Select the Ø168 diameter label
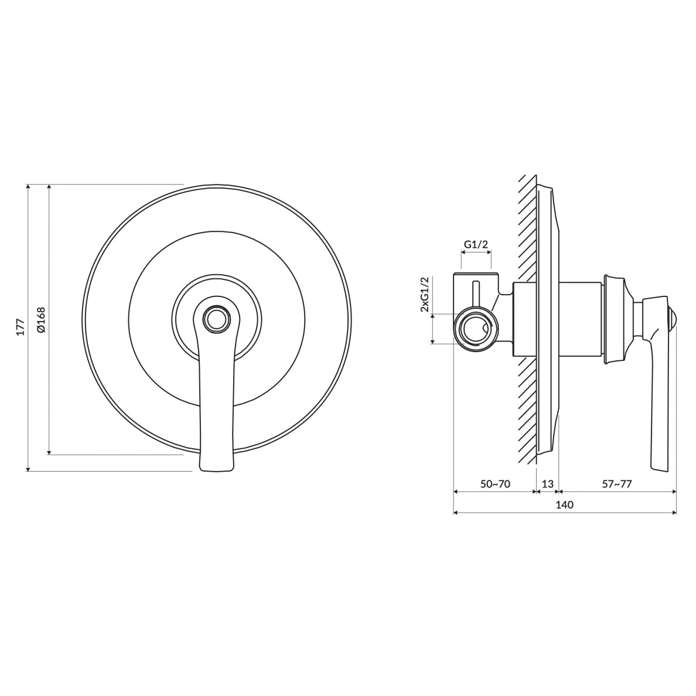[42, 320]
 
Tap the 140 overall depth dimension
[564, 504]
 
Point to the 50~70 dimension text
[495, 484]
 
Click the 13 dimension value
[548, 484]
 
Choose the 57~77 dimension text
[617, 484]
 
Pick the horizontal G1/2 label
[476, 244]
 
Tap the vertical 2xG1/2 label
[425, 294]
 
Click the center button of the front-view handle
[216, 318]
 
